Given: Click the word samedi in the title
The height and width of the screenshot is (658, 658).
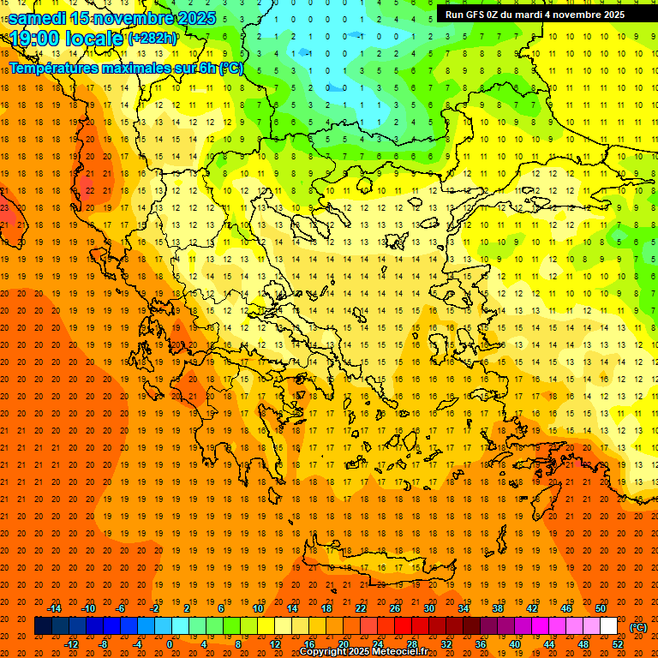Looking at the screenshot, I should (38, 18).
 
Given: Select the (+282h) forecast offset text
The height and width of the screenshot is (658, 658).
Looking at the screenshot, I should (153, 39).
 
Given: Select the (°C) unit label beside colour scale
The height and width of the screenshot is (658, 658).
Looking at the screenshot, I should (638, 627).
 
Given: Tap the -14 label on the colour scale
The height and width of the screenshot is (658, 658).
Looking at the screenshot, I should (54, 608).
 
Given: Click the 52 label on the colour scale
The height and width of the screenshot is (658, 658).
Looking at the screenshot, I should (618, 644).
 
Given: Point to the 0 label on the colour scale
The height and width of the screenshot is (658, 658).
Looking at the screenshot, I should (170, 644).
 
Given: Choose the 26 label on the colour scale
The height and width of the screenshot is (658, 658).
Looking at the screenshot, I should (395, 608).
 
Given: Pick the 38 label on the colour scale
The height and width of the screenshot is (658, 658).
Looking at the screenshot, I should (498, 608).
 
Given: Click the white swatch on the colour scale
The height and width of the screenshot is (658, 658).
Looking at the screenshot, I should (608, 626).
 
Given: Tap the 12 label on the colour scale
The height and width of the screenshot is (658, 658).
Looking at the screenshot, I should (275, 644).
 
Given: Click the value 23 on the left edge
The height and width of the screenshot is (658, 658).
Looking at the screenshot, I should (4, 207).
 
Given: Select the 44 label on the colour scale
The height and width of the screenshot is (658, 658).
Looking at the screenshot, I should (549, 644).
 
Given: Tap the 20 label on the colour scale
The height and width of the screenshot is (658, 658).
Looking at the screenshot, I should (344, 644).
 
